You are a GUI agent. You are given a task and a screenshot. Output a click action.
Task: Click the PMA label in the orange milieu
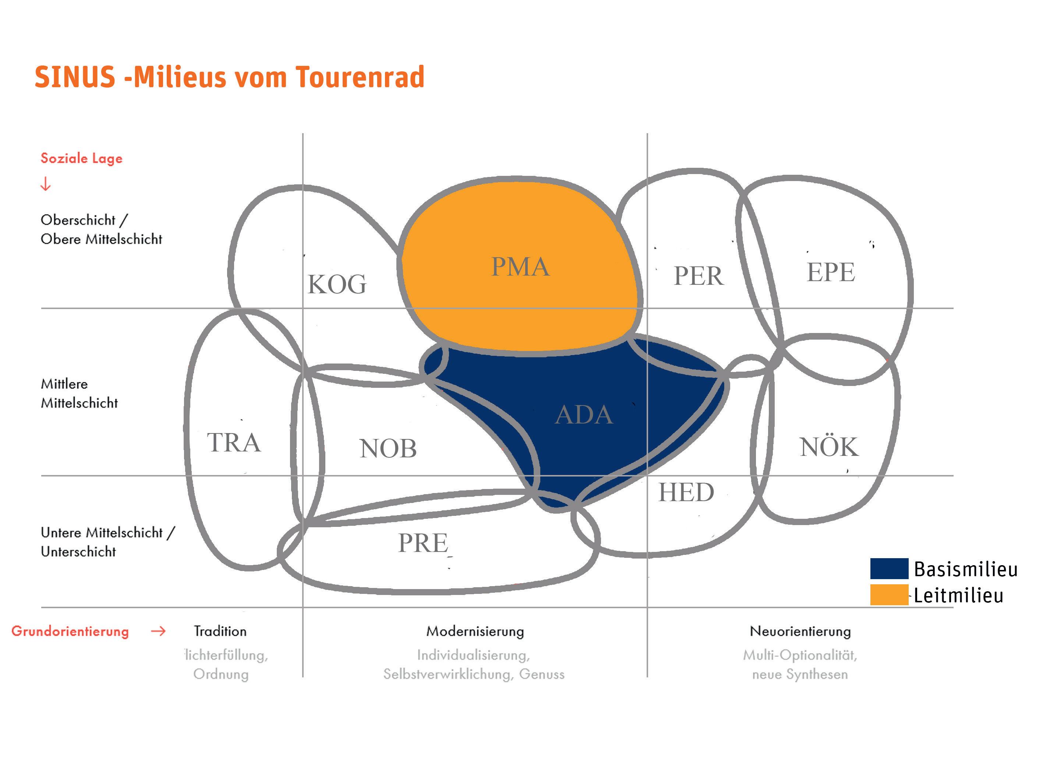click(x=520, y=267)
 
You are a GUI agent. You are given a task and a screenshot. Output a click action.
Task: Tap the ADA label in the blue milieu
click(x=584, y=415)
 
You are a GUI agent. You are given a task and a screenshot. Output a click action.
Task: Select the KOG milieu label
click(x=337, y=284)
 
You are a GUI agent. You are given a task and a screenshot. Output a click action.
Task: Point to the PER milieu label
click(x=699, y=276)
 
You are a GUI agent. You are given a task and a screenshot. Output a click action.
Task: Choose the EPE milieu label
click(x=831, y=272)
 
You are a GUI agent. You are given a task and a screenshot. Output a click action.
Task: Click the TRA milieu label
click(x=234, y=442)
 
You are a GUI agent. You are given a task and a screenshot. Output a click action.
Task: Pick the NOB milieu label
click(x=388, y=449)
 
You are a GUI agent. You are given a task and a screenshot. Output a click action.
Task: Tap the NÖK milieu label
click(x=829, y=447)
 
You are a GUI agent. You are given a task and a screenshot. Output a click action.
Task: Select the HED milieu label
click(x=686, y=493)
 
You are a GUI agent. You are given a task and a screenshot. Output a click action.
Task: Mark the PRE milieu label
click(x=423, y=543)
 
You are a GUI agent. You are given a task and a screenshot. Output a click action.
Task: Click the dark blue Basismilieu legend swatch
click(x=889, y=568)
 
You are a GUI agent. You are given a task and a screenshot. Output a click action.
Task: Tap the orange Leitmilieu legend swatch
click(x=889, y=595)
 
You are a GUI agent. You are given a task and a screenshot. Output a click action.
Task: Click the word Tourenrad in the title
click(x=360, y=77)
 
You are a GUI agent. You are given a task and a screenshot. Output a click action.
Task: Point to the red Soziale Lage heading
click(x=81, y=158)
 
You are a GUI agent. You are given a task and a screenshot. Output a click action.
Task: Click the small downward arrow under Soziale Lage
click(x=46, y=184)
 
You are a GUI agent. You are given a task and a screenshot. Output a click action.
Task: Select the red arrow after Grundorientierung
click(x=158, y=632)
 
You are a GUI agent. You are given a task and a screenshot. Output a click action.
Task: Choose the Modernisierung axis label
click(x=475, y=632)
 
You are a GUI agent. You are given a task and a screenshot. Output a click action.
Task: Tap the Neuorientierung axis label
click(x=800, y=632)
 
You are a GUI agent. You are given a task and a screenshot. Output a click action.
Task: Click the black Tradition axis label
click(x=220, y=632)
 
